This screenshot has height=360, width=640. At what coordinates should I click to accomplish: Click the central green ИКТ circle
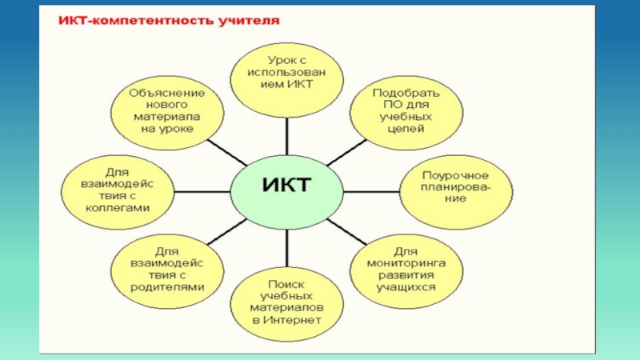pyautogui.click(x=286, y=189)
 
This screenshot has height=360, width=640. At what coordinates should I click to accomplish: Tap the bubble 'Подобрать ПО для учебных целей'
pyautogui.click(x=406, y=110)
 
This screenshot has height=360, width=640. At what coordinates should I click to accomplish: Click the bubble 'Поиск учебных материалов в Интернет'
pyautogui.click(x=286, y=302)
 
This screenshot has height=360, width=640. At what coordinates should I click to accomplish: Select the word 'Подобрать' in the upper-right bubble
pyautogui.click(x=406, y=91)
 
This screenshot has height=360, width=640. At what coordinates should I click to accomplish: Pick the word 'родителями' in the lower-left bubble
pyautogui.click(x=167, y=286)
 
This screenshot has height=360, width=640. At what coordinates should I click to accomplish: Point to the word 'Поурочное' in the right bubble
pyautogui.click(x=457, y=174)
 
